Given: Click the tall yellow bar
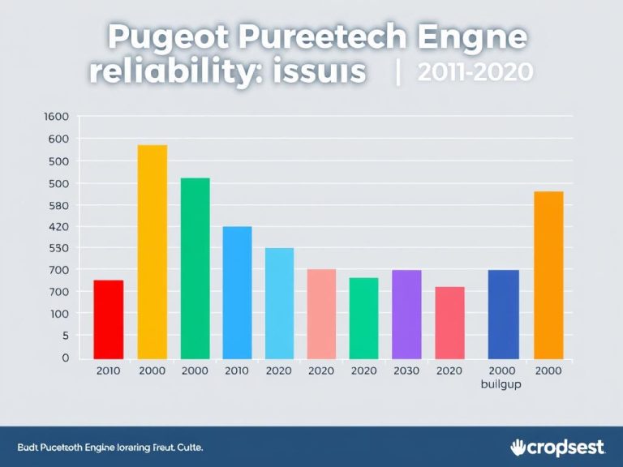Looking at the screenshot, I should point(152,251).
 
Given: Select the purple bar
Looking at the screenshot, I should point(406,314).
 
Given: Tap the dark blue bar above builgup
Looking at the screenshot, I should point(503,314).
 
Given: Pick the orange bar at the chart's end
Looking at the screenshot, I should point(548,275).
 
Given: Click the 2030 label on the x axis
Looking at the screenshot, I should point(406,371).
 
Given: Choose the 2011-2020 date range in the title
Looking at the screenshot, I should point(475,72).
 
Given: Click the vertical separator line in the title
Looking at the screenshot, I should point(397,72).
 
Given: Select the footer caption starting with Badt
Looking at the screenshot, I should point(110,448).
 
